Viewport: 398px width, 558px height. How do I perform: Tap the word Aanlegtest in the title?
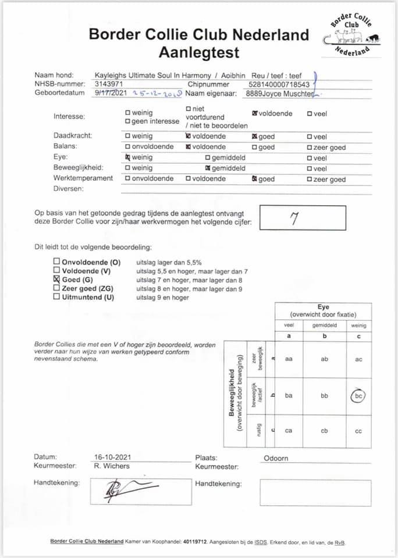point(198,53)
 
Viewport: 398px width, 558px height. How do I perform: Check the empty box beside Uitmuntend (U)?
point(56,297)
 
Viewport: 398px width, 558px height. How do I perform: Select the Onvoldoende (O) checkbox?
point(56,262)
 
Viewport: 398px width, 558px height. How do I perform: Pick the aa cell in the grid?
point(289,359)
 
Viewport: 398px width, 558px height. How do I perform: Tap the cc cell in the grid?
point(358,431)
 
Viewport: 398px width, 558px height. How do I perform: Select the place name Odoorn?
point(275,457)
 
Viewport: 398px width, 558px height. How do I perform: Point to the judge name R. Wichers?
point(112,466)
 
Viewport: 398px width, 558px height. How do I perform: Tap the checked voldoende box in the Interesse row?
point(255,113)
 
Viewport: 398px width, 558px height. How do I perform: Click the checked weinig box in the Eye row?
point(128,158)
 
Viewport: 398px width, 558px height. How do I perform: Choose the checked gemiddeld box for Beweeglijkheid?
point(208,168)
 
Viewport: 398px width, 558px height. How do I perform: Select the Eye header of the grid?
point(324,307)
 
